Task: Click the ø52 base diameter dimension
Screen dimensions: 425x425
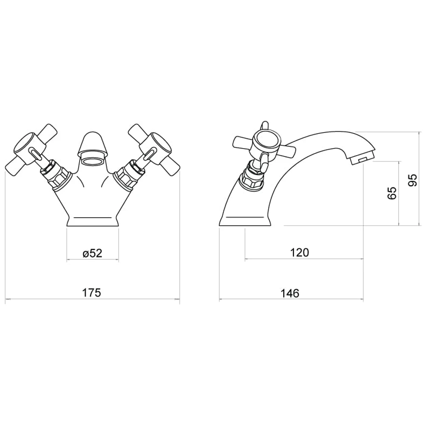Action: [x=93, y=253]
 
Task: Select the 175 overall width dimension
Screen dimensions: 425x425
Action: [x=91, y=293]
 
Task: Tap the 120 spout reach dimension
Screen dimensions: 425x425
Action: [x=300, y=252]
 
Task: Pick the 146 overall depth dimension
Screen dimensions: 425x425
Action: [x=290, y=293]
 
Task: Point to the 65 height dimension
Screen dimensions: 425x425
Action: [x=392, y=193]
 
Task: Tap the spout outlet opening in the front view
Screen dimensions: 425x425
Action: [x=93, y=161]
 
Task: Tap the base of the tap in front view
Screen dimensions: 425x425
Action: [x=93, y=221]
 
